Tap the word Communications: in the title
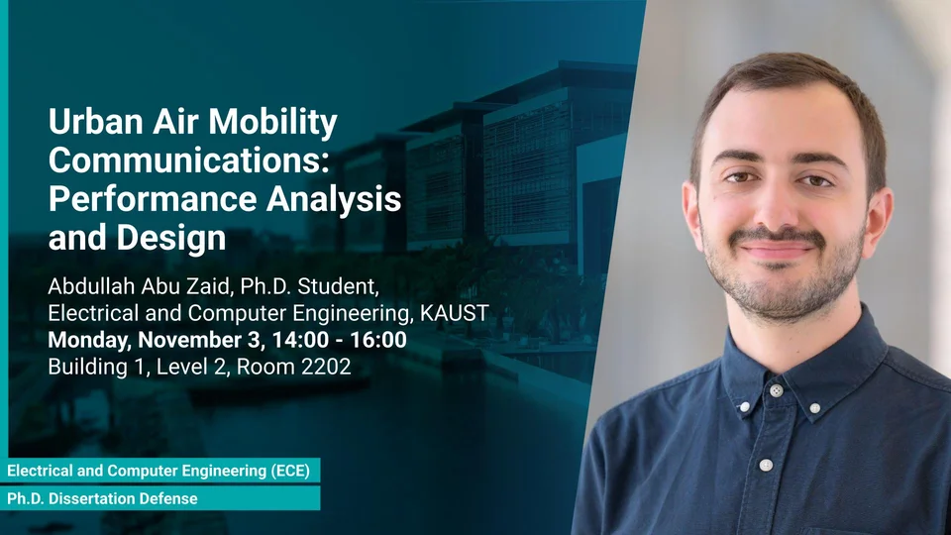pos(188,160)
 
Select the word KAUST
pos(455,313)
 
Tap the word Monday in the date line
pos(89,340)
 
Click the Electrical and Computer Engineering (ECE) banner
pos(160,471)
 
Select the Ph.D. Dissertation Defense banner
pos(160,498)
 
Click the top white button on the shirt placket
pos(776,391)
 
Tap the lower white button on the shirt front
pos(766,466)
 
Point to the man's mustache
pos(777,236)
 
